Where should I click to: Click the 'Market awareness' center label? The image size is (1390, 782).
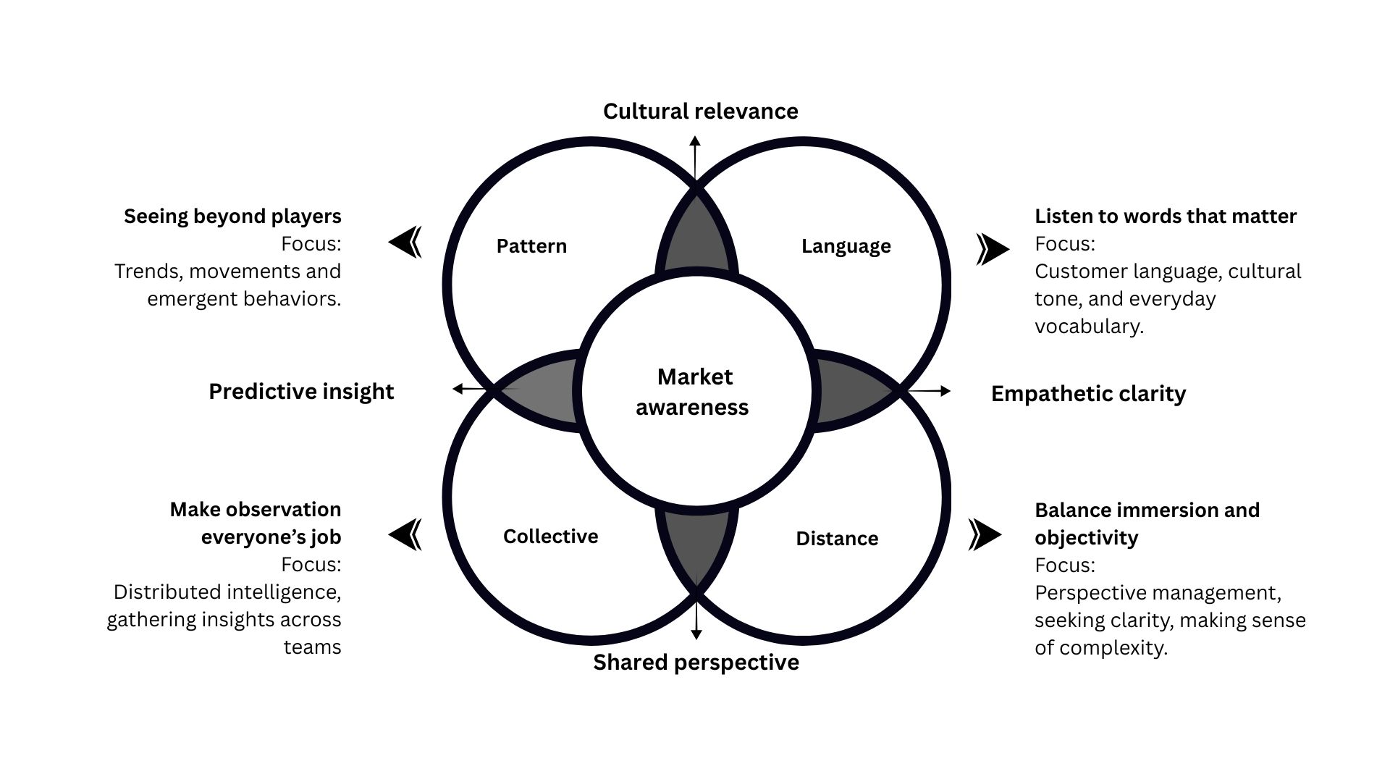pyautogui.click(x=693, y=392)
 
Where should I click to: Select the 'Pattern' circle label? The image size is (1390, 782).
pyautogui.click(x=531, y=246)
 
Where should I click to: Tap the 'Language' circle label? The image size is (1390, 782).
pyautogui.click(x=846, y=246)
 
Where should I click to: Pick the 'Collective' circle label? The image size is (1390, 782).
pyautogui.click(x=550, y=537)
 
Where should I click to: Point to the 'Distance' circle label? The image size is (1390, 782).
pyautogui.click(x=837, y=539)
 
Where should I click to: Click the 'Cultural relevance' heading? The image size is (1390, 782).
pyautogui.click(x=700, y=112)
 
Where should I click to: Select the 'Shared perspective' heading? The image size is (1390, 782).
pyautogui.click(x=696, y=663)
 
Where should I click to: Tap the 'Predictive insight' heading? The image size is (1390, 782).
pyautogui.click(x=301, y=392)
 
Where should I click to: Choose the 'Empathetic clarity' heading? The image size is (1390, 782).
pyautogui.click(x=1088, y=394)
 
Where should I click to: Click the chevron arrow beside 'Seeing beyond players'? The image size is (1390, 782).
pyautogui.click(x=405, y=242)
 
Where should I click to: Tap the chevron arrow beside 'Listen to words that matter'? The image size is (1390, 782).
pyautogui.click(x=992, y=249)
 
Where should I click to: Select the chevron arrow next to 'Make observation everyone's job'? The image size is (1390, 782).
pyautogui.click(x=405, y=535)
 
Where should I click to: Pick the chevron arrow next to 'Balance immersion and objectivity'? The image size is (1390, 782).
pyautogui.click(x=985, y=534)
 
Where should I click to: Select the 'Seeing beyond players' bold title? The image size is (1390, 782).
pyautogui.click(x=232, y=216)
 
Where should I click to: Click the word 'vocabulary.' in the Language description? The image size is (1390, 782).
pyautogui.click(x=1089, y=327)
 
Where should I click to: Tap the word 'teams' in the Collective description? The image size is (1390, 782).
pyautogui.click(x=312, y=647)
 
